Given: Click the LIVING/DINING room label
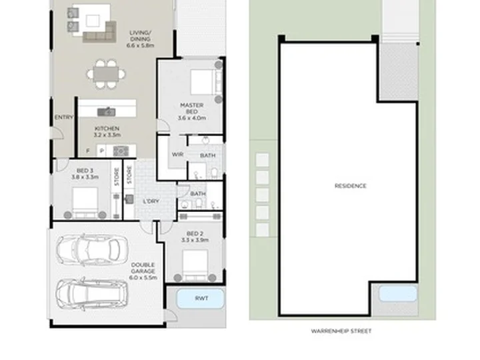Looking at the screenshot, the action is [140, 39].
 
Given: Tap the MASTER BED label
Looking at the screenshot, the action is [192, 111].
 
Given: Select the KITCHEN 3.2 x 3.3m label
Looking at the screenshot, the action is [107, 131].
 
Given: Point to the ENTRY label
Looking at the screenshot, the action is [64, 117].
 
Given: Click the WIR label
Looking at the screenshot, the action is [177, 154].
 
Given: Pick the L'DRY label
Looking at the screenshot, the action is [151, 201].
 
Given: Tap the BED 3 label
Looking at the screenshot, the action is [85, 173].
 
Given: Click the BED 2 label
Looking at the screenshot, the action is [195, 237].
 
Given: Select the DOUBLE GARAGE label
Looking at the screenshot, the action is [143, 271].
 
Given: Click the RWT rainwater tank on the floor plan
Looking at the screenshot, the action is [201, 299].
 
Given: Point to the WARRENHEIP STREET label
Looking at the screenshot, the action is [341, 331].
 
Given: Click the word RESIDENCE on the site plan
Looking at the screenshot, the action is [351, 186].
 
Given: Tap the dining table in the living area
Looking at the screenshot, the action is [106, 75].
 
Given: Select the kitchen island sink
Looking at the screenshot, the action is [106, 112].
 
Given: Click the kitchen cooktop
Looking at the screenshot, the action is [121, 151].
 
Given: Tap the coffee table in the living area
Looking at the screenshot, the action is [93, 21].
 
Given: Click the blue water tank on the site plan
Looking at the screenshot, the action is [398, 293].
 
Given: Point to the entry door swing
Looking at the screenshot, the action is [58, 133].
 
